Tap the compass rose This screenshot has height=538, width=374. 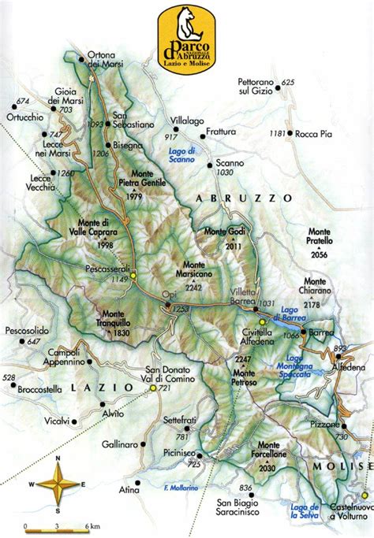60,484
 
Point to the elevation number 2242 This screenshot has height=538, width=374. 194,288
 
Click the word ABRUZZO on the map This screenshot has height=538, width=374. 245,198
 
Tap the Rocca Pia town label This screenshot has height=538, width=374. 314,135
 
